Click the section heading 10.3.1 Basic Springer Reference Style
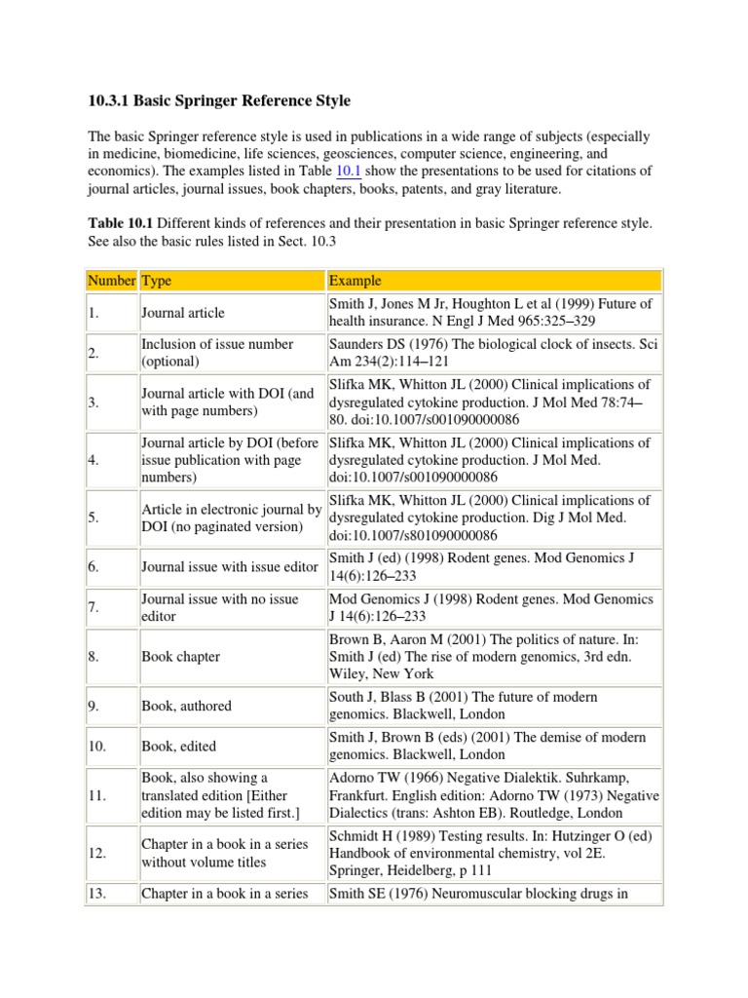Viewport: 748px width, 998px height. (219, 101)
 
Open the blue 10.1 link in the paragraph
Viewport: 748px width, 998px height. (349, 171)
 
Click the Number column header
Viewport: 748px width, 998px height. (111, 281)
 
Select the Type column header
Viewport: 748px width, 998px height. (157, 281)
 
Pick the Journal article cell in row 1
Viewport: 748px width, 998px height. (183, 313)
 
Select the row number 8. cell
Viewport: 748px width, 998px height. (97, 657)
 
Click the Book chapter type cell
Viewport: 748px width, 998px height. (181, 657)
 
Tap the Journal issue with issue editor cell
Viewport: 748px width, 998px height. (230, 566)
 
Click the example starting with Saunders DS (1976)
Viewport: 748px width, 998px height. (492, 353)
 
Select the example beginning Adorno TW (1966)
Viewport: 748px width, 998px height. (494, 795)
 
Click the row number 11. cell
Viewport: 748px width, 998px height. (99, 795)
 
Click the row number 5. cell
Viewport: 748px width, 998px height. (97, 518)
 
